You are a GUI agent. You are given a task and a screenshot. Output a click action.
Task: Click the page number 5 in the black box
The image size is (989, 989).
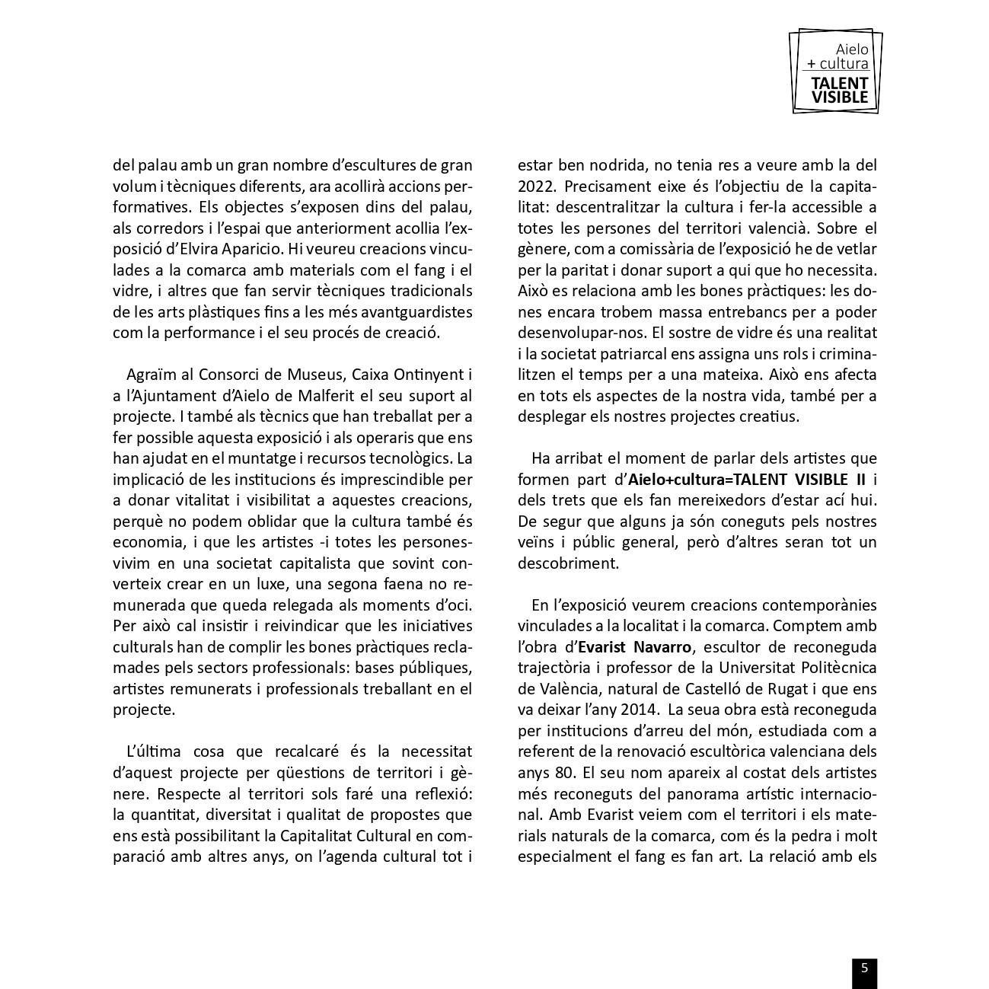pos(864,968)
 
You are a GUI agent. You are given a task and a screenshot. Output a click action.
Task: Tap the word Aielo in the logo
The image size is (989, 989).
pos(851,49)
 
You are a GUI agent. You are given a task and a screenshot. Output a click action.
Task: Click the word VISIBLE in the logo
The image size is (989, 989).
pos(839,97)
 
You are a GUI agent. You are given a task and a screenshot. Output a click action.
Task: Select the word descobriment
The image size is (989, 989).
pos(568,563)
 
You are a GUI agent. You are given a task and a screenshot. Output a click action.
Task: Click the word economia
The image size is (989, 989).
pos(148,542)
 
